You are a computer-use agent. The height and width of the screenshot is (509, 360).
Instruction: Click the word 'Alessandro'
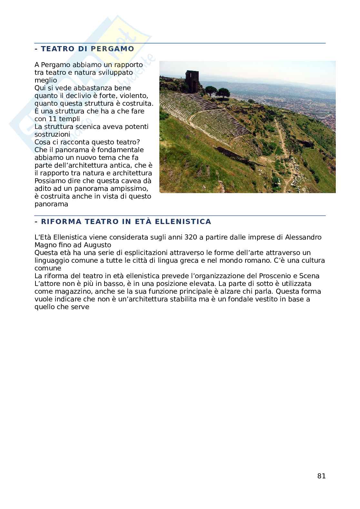click(x=303, y=237)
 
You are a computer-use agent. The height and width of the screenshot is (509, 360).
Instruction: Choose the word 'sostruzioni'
click(x=52, y=134)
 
